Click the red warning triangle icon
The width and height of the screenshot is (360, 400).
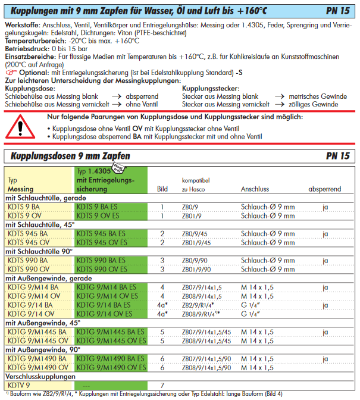pos(22,127)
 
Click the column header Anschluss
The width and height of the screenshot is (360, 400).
pos(256,189)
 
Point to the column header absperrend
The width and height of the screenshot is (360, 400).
pos(325,189)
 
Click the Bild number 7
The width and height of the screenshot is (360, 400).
pos(162,385)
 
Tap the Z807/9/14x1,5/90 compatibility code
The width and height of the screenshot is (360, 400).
pos(207,358)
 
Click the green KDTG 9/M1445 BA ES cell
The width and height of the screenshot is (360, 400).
pos(111,332)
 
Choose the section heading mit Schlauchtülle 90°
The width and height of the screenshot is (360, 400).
pos(39,251)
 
